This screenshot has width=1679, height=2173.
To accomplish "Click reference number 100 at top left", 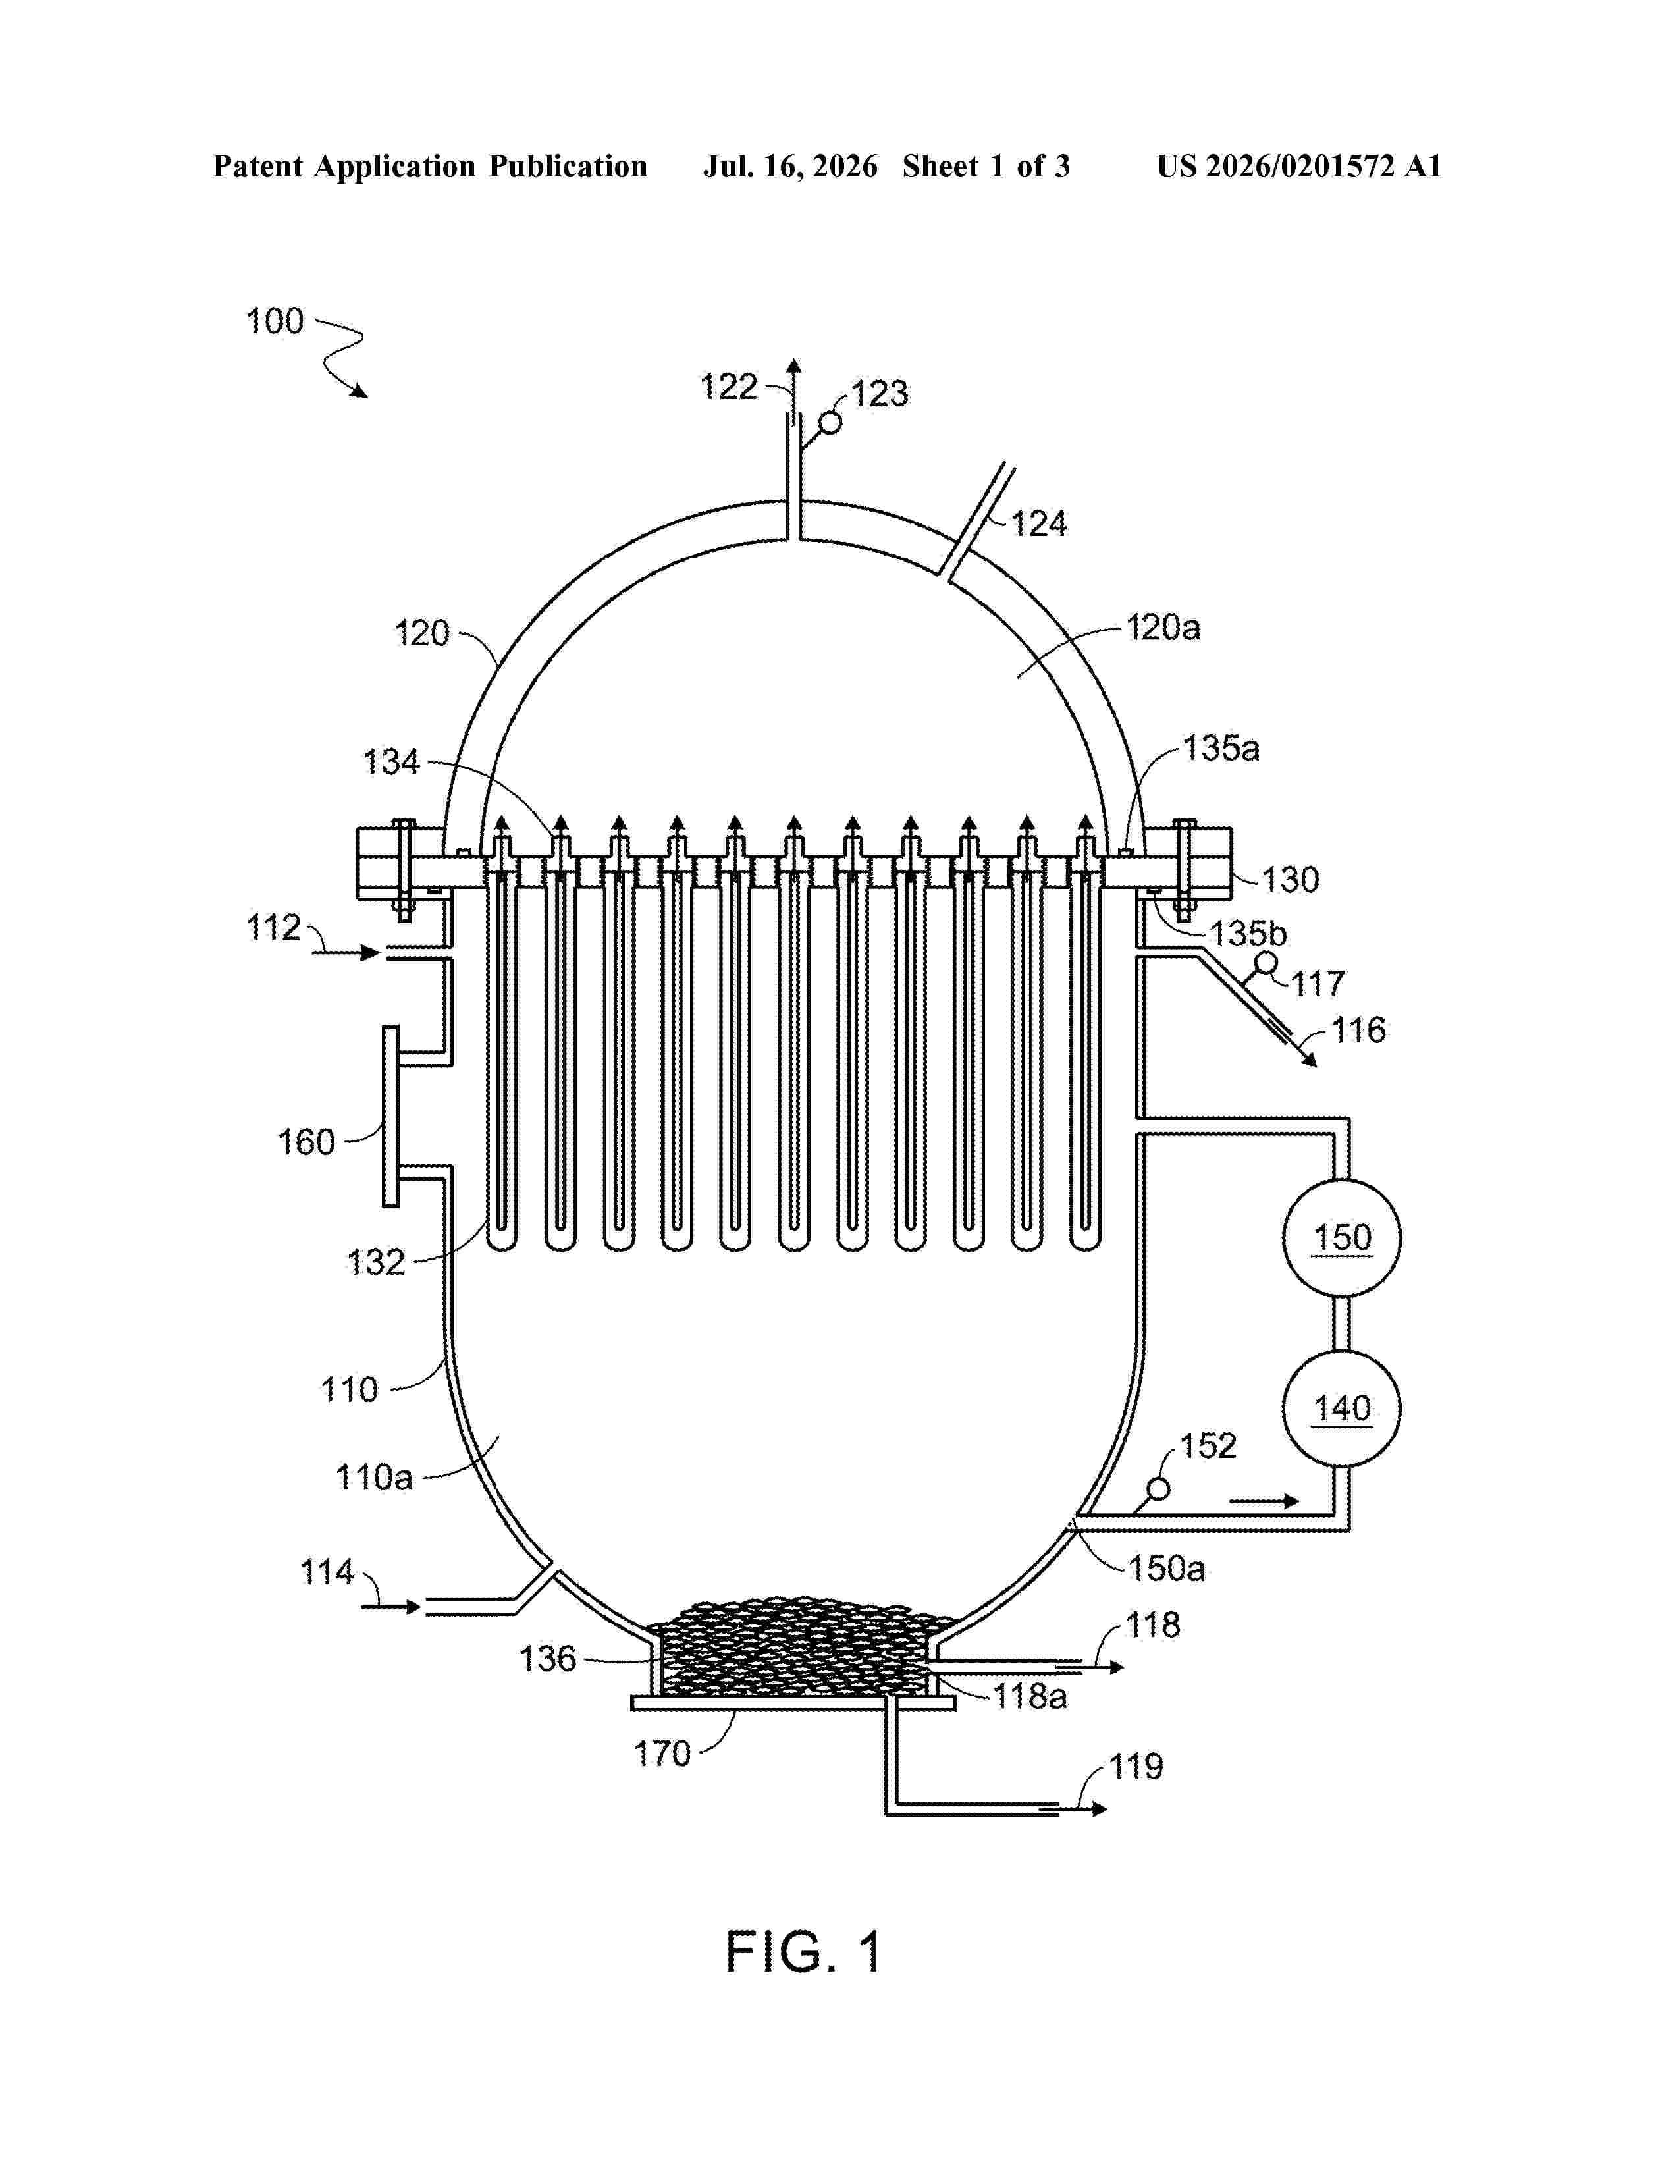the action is coord(275,321).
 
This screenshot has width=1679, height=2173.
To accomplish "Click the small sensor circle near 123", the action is coord(830,423).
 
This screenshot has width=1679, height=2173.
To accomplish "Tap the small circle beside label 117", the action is coord(1266,963).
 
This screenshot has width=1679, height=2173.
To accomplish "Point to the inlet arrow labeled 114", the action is coord(391,1606).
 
